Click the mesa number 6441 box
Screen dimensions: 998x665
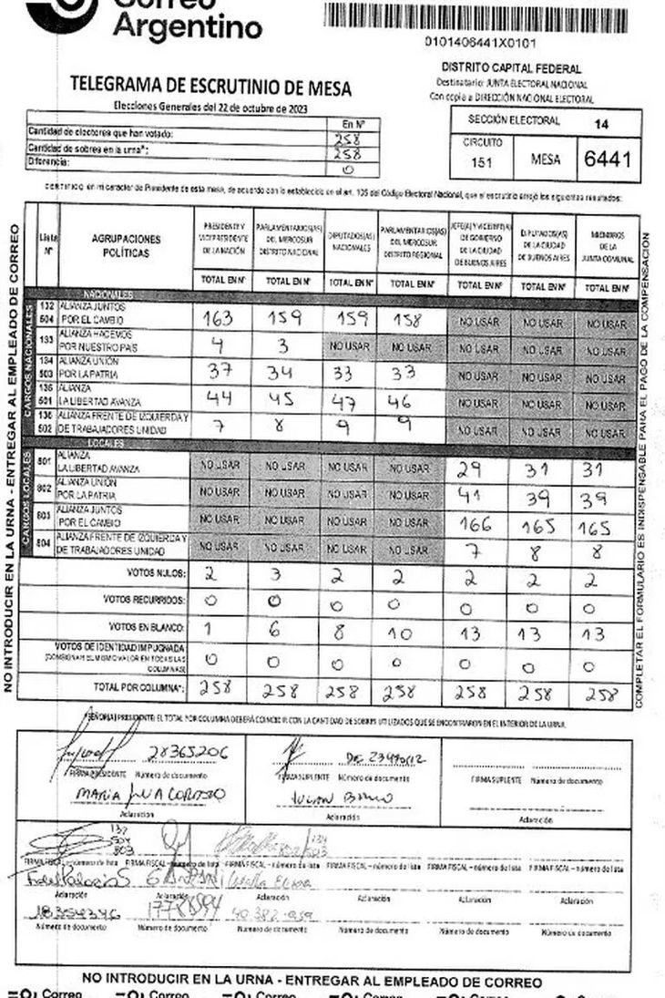(608, 158)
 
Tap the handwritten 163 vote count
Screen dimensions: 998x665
(220, 319)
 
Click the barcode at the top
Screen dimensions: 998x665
(475, 18)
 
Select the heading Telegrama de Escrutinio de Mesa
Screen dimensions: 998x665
(210, 87)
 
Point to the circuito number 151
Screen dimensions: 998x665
(483, 162)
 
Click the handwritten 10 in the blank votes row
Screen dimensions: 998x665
(398, 633)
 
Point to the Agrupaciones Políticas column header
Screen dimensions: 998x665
(126, 245)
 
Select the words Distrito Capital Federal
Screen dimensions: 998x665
(511, 68)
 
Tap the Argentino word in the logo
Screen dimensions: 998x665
(187, 29)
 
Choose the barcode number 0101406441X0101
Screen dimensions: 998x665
(480, 42)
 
